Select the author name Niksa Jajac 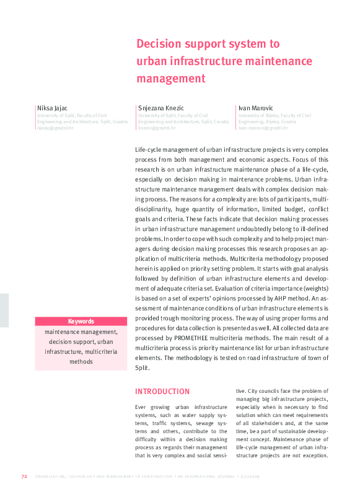pos(53,108)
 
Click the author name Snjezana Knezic pos(161,108)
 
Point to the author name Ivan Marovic pos(256,108)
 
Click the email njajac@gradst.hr pos(55,128)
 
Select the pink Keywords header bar pos(81,321)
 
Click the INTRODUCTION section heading pos(162,391)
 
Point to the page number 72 pos(24,477)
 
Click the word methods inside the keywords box pos(81,361)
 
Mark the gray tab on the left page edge pos(4,310)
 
